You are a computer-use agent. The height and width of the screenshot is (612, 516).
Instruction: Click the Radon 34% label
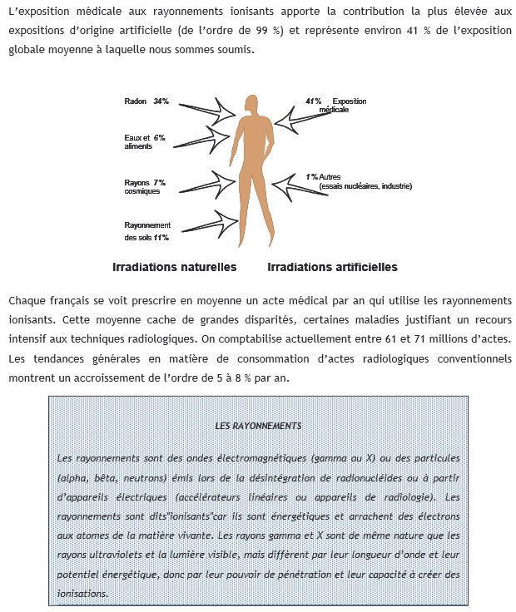146,101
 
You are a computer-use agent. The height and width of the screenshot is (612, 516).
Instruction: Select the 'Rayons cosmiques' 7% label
145,186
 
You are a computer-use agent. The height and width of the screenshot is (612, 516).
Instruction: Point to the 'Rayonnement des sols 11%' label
147,231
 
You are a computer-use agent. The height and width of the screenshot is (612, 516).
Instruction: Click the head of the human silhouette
254,105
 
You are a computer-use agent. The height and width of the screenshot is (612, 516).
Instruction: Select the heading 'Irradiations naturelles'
175,268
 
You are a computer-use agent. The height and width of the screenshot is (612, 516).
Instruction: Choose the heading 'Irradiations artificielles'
332,268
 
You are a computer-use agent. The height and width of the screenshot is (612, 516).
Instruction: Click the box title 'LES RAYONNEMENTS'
258,426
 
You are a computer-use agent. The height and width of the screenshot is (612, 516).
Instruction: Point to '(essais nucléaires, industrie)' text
365,186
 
